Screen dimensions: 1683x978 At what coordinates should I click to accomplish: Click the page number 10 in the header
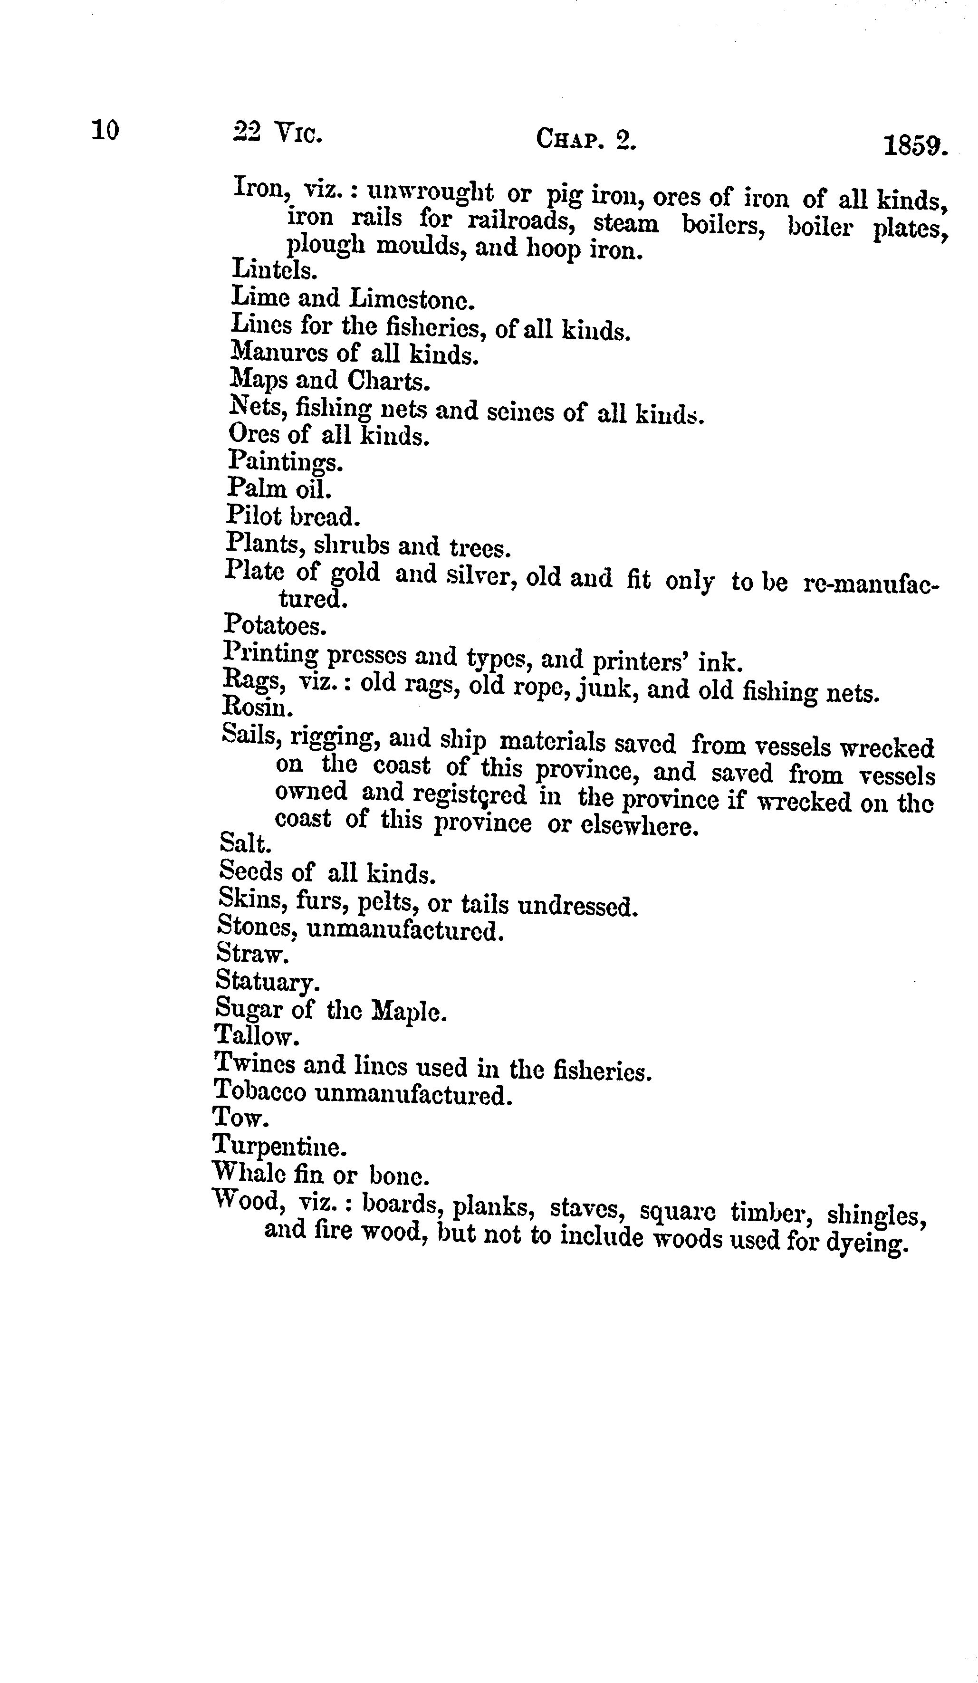click(x=105, y=130)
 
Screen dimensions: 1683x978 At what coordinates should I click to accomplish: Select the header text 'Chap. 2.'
click(x=586, y=140)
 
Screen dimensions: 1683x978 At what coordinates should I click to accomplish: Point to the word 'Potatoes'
click(x=273, y=626)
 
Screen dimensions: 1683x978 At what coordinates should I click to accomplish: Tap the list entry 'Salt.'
click(x=244, y=845)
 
